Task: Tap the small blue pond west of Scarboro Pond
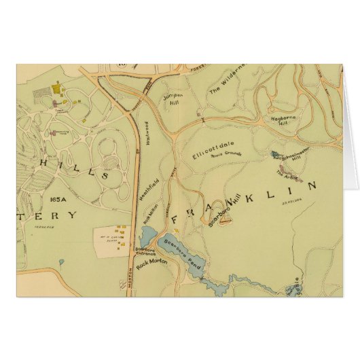pyautogui.click(x=146, y=236)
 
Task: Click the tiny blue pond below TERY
pyautogui.click(x=61, y=261)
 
